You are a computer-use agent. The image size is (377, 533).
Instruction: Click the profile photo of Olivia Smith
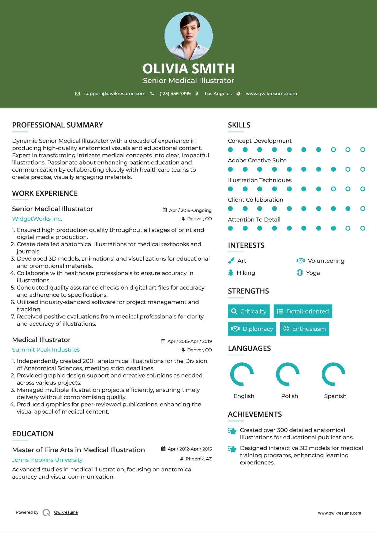188,36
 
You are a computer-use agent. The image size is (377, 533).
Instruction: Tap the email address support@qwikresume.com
115,93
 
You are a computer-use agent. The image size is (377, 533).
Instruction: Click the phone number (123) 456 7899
175,93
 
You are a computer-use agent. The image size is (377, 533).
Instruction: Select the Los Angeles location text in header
218,93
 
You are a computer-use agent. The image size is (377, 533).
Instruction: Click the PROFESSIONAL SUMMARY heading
58,125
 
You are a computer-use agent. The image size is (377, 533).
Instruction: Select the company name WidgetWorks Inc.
37,219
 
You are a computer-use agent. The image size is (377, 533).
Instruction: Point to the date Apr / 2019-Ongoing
190,210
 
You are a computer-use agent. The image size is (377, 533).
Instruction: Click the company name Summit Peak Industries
46,350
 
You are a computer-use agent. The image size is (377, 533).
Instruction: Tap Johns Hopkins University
47,460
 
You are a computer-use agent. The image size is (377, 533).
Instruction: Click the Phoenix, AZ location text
199,459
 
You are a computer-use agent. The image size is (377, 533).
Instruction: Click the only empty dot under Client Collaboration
363,209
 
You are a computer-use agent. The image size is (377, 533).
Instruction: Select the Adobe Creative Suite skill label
257,160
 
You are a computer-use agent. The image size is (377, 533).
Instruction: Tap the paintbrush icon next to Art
231,261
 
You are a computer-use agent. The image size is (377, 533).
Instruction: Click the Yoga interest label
313,273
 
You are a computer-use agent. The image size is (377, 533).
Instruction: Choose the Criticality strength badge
249,311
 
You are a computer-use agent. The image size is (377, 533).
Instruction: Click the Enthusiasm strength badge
304,329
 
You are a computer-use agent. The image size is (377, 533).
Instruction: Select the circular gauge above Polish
288,374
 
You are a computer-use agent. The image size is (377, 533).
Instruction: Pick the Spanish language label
335,396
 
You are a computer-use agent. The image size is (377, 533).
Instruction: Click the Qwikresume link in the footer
66,512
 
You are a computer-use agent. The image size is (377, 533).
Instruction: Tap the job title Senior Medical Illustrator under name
188,81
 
